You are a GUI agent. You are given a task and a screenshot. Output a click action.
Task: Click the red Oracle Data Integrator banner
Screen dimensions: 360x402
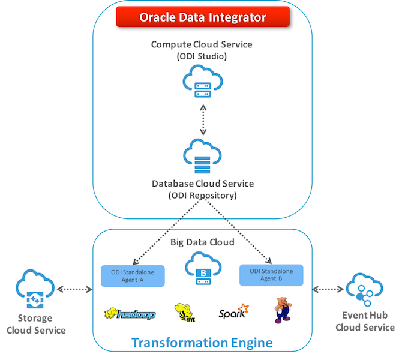(x=202, y=17)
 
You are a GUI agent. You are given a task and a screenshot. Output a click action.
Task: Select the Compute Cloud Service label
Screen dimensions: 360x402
(x=202, y=45)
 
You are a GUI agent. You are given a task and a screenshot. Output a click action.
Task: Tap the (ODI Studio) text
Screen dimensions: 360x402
(x=202, y=56)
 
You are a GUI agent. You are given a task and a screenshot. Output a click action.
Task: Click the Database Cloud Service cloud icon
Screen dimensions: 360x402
(x=202, y=155)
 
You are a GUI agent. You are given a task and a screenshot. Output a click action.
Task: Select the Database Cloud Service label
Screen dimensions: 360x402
(x=202, y=184)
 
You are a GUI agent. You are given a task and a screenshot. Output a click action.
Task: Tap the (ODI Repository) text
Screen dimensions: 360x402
(x=202, y=195)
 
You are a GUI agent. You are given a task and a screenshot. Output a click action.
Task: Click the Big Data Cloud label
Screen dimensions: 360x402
(x=202, y=242)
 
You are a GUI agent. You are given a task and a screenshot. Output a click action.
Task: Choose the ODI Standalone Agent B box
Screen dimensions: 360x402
(x=271, y=275)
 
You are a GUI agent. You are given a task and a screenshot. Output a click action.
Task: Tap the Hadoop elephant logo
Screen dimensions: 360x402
(x=130, y=314)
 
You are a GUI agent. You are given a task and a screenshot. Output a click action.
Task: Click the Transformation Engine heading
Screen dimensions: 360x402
(x=202, y=343)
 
